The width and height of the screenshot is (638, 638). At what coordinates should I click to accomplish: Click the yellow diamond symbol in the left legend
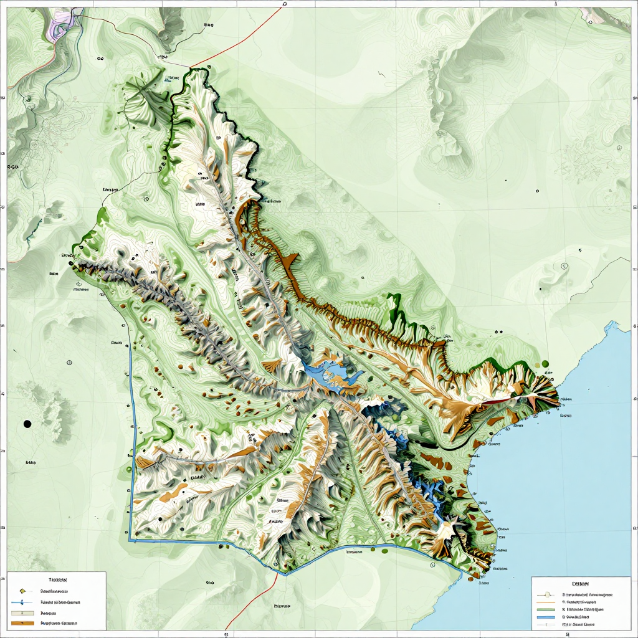tap(22, 591)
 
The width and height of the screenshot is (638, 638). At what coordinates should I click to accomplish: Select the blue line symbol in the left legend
tap(22, 602)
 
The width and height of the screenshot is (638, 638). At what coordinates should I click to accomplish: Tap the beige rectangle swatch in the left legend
tap(22, 613)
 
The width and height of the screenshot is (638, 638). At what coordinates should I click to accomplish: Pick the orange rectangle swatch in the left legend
tap(22, 622)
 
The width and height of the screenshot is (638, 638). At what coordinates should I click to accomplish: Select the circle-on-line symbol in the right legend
tap(546, 594)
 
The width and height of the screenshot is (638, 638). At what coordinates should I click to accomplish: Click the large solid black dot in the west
tap(27, 424)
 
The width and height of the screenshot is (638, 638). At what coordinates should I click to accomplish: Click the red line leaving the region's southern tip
tap(249, 601)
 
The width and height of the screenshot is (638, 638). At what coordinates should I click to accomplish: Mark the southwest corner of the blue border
tap(130, 540)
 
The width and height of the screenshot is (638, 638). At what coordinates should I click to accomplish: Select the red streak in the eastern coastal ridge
tap(498, 401)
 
